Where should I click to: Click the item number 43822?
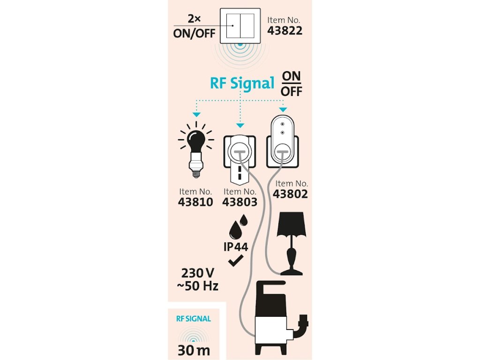[285, 31]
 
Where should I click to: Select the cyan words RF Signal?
[242, 83]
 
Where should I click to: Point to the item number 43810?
[195, 202]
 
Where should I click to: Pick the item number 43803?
[240, 202]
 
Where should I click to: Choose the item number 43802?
[292, 194]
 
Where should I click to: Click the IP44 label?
[235, 247]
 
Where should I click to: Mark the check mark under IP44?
[235, 262]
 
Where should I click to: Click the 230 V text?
[199, 272]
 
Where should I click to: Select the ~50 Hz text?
[197, 285]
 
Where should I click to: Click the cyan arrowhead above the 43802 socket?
[282, 109]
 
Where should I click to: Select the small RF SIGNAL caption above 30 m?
[194, 319]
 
